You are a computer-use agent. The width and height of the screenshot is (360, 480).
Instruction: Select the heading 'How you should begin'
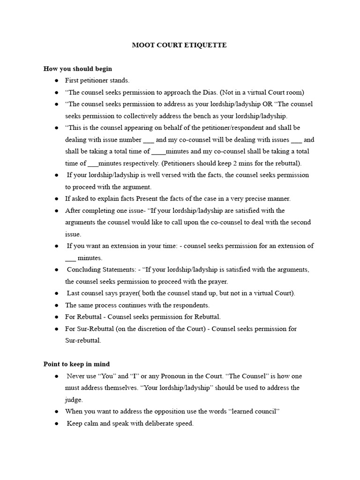(x=78, y=69)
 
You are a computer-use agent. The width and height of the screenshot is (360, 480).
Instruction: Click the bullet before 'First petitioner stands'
(x=56, y=81)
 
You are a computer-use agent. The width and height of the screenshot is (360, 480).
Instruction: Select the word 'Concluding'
(x=82, y=270)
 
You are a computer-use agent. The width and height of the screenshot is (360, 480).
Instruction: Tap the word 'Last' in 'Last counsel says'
(x=74, y=293)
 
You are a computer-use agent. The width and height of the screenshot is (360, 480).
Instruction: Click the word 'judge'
(x=73, y=400)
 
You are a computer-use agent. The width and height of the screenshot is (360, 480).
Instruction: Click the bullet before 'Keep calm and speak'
(x=56, y=423)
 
